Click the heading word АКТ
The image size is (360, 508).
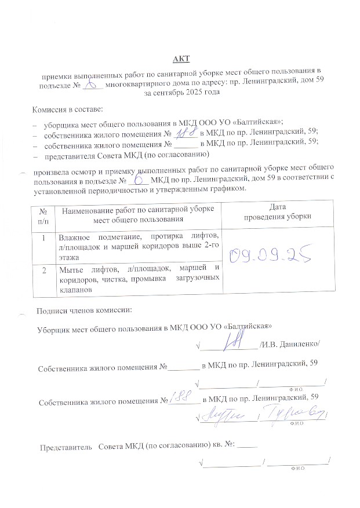(x=181, y=59)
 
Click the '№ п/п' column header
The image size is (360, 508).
(x=43, y=214)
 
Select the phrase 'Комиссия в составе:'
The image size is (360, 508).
(x=68, y=109)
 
